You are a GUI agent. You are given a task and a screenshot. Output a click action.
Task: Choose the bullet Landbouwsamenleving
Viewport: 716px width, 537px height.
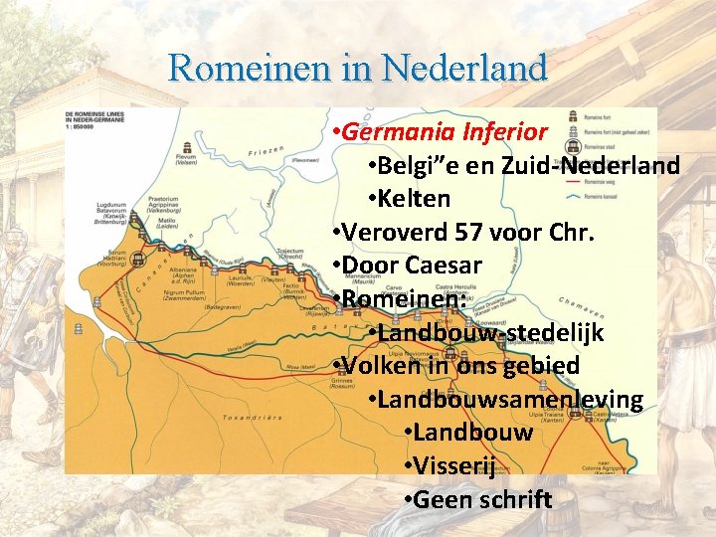(509, 400)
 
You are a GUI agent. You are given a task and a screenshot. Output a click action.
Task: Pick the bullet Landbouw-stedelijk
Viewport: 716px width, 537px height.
(490, 332)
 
